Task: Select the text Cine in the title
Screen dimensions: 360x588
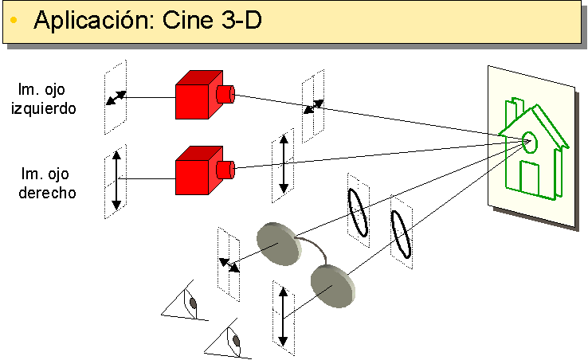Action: pyautogui.click(x=182, y=21)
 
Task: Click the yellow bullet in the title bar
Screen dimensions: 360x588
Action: pyautogui.click(x=14, y=22)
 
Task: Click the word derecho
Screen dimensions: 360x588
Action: pyautogui.click(x=47, y=192)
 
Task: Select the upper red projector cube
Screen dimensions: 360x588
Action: pyautogui.click(x=194, y=96)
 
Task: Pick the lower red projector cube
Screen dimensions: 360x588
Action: pyautogui.click(x=194, y=169)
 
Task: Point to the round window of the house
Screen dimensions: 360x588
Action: pyautogui.click(x=530, y=143)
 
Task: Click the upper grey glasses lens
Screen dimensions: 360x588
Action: pyautogui.click(x=278, y=243)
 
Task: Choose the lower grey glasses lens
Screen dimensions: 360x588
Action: pyautogui.click(x=328, y=286)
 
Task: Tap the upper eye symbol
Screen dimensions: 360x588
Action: pyautogui.click(x=189, y=303)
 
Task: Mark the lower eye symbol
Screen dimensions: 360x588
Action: pyautogui.click(x=233, y=339)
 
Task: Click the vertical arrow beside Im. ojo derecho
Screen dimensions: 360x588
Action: pyautogui.click(x=116, y=180)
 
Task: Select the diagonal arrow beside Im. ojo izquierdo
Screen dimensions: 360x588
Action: pyautogui.click(x=116, y=98)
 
